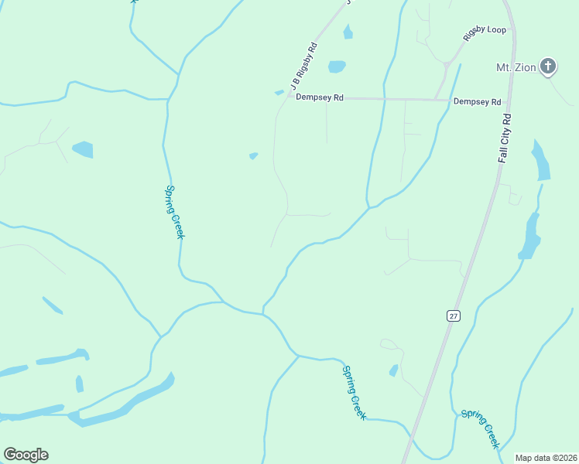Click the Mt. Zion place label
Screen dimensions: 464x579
click(516, 67)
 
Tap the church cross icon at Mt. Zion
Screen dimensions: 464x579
click(548, 67)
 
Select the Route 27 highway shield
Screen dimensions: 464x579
click(452, 316)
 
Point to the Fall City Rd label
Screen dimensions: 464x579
click(505, 138)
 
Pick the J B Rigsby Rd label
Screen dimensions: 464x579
click(304, 65)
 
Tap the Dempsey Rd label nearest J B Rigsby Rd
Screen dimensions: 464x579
click(320, 98)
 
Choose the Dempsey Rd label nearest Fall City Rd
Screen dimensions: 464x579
click(477, 101)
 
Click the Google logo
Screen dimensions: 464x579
click(26, 454)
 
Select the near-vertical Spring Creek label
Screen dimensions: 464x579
click(174, 212)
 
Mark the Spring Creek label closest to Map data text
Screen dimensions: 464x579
click(481, 429)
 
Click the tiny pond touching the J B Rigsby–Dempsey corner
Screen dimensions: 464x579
click(279, 93)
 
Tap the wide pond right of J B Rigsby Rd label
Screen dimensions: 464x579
click(337, 67)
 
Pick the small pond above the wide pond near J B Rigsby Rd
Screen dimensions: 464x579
click(348, 32)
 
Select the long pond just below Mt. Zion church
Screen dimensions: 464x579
click(541, 160)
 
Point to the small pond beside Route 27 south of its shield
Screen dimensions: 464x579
click(393, 370)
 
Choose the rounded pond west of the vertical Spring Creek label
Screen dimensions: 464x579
click(82, 148)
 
